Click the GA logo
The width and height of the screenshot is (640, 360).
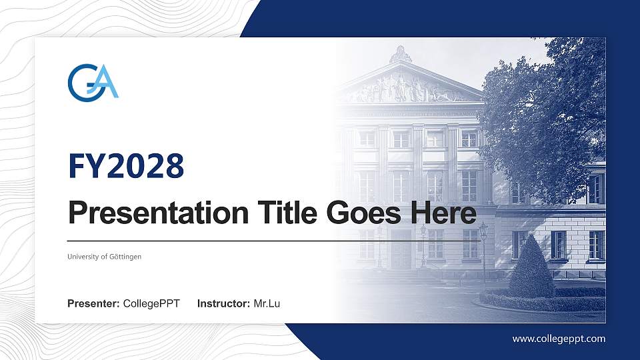(93, 81)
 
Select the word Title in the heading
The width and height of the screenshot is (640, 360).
(281, 213)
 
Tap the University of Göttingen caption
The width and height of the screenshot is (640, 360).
(104, 257)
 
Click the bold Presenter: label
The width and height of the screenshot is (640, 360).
(93, 304)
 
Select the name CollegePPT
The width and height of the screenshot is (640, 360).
(151, 304)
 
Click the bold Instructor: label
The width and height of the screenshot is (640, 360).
(224, 304)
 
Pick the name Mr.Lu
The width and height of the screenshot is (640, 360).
(267, 304)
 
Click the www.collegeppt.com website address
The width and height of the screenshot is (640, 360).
(559, 339)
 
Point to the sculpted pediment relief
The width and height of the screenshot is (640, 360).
(403, 89)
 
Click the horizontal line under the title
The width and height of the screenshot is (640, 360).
(267, 241)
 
